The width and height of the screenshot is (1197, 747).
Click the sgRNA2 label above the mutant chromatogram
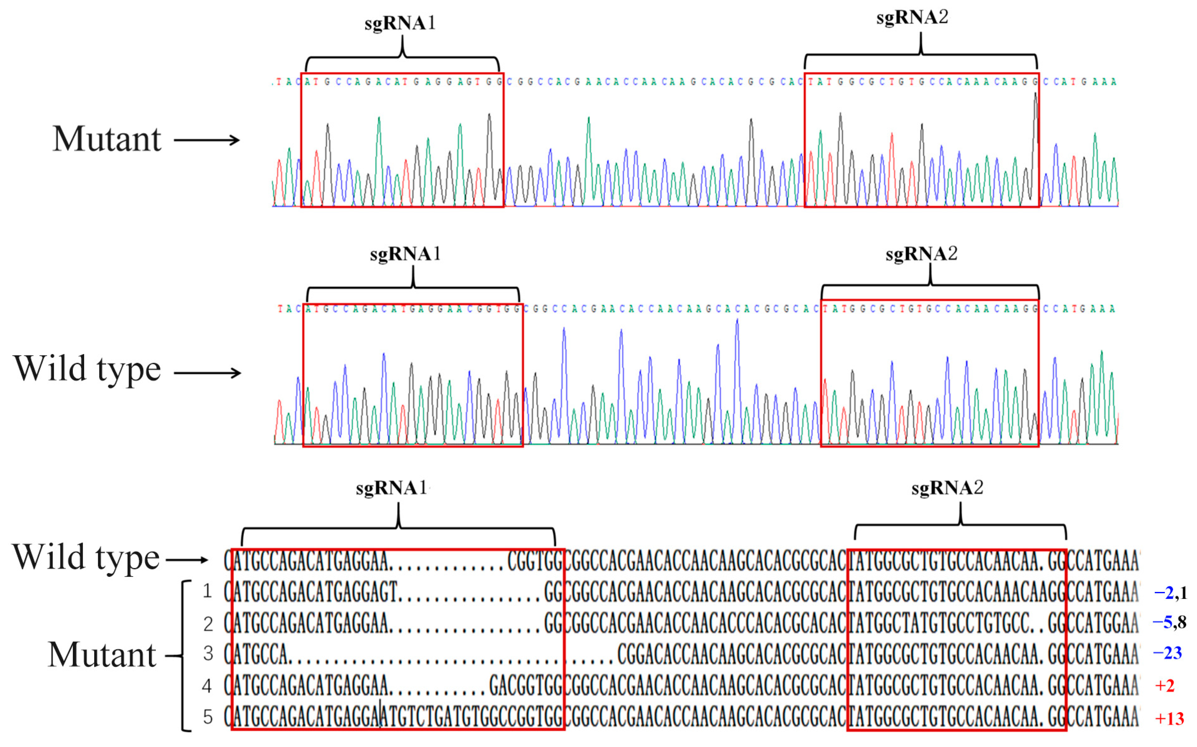click(x=912, y=18)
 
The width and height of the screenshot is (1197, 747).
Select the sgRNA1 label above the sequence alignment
click(x=391, y=488)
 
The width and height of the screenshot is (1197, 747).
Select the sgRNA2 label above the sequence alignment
click(x=947, y=488)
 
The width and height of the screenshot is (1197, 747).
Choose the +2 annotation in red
click(x=1165, y=685)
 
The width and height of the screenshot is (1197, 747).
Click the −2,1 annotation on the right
click(x=1170, y=592)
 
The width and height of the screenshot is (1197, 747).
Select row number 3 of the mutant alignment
click(x=208, y=654)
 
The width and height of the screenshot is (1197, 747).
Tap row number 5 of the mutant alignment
click(x=208, y=717)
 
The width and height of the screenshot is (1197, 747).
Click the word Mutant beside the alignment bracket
click(x=102, y=655)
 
